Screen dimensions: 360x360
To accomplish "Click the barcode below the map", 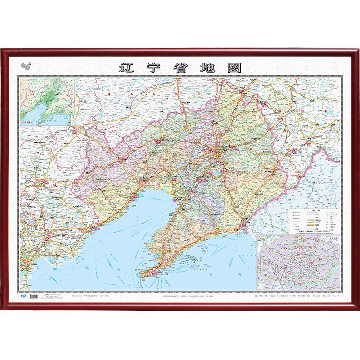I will tap(32, 296).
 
